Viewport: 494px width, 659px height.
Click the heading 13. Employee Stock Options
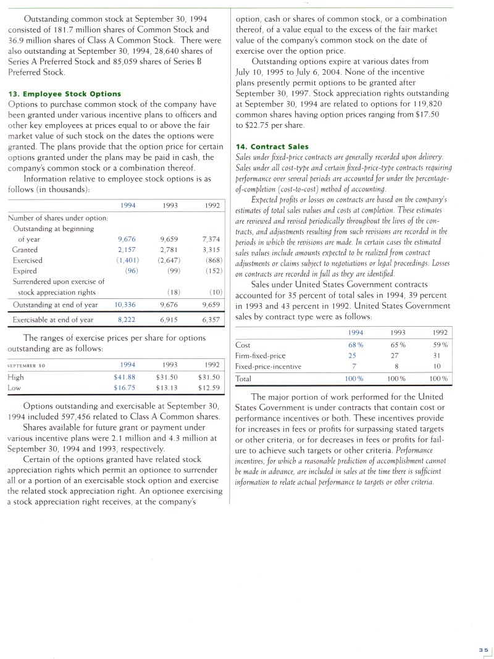(x=64, y=94)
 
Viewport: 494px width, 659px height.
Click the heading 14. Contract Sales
(x=268, y=147)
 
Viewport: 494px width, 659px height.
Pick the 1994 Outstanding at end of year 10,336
(x=125, y=304)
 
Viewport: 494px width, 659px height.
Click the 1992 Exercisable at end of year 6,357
(x=211, y=319)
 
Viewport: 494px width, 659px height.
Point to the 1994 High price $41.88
(x=125, y=377)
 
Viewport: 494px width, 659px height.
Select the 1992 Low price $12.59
(x=209, y=387)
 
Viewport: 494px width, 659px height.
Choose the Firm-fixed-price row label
(x=261, y=356)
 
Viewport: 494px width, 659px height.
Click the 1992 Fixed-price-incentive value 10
(x=438, y=366)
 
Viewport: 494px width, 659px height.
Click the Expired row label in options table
(x=24, y=271)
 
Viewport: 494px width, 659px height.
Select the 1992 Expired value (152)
(x=213, y=271)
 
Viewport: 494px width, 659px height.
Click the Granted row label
(x=25, y=250)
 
